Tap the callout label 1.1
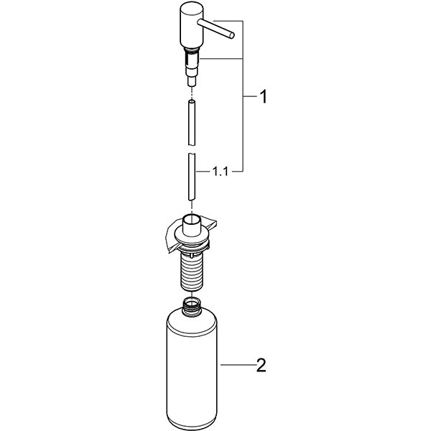tap(221, 172)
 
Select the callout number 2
tap(261, 367)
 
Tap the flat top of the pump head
tap(190, 7)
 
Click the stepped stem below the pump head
tap(190, 68)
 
